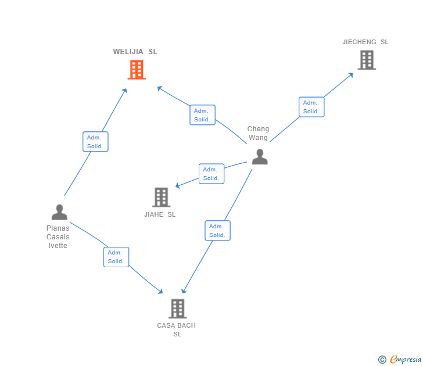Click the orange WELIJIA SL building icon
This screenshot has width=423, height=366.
[x=136, y=70]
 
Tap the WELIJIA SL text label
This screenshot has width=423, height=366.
[x=135, y=52]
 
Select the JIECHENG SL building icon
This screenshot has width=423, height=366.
[x=366, y=60]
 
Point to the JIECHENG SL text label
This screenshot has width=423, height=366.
[x=365, y=42]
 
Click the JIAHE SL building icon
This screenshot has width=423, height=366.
[x=161, y=197]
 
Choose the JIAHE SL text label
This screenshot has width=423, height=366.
[x=160, y=214]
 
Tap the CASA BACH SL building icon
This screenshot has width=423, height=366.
[x=177, y=308]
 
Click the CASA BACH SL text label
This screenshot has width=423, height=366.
[x=177, y=329]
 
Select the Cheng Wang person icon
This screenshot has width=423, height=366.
[x=259, y=156]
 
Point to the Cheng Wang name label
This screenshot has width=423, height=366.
[x=258, y=133]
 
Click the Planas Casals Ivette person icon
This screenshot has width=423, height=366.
[x=59, y=213]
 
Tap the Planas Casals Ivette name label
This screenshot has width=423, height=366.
[x=58, y=236]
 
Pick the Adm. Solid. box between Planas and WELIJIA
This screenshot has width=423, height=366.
[x=95, y=142]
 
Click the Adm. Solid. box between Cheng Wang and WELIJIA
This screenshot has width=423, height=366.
[x=202, y=115]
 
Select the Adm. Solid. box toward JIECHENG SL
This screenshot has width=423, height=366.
[x=311, y=107]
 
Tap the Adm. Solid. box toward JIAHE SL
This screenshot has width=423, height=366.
[x=212, y=174]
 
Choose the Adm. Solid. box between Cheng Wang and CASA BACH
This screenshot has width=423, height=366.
[x=217, y=231]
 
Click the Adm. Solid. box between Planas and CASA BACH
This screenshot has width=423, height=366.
[x=116, y=257]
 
